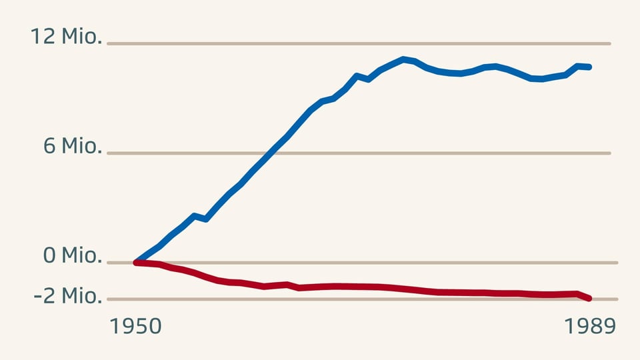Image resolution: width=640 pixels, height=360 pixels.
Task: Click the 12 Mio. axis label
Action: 66,37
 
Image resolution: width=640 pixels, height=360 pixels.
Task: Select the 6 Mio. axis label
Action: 73,146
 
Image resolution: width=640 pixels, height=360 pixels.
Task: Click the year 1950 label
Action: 135,326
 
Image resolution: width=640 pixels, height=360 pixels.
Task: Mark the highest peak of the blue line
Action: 403,59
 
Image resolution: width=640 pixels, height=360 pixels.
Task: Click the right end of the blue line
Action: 589,67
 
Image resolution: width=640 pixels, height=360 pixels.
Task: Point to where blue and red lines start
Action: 136,263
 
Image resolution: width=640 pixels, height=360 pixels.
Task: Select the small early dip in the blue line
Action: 205,219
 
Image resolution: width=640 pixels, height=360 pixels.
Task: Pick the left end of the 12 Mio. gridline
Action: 109,44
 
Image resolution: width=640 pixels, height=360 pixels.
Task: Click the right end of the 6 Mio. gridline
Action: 609,153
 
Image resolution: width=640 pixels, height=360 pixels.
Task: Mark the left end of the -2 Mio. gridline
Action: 109,299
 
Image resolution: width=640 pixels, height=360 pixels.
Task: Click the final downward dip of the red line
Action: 584,296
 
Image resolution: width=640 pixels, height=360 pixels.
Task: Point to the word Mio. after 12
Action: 81,37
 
